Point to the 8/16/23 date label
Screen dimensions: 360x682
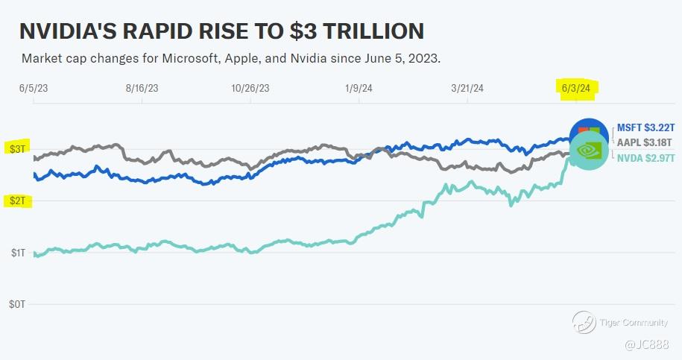pyautogui.click(x=142, y=88)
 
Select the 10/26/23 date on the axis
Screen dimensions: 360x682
pyautogui.click(x=250, y=88)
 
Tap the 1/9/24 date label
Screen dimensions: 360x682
pyautogui.click(x=358, y=88)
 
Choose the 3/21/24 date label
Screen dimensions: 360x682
pyautogui.click(x=468, y=88)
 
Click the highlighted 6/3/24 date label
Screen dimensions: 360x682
pyautogui.click(x=576, y=88)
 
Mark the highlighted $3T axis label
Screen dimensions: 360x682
pyautogui.click(x=16, y=149)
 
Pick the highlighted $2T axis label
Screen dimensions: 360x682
pyautogui.click(x=16, y=201)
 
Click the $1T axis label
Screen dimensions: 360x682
pyautogui.click(x=16, y=253)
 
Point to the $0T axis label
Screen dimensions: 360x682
pyautogui.click(x=16, y=305)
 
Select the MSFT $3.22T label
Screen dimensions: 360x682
pyautogui.click(x=645, y=127)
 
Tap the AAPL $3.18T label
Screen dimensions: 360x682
pyautogui.click(x=645, y=142)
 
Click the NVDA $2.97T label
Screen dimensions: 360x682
pyautogui.click(x=645, y=158)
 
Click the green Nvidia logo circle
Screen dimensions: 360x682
pyautogui.click(x=589, y=150)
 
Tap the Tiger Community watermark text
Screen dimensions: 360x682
pyautogui.click(x=629, y=322)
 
